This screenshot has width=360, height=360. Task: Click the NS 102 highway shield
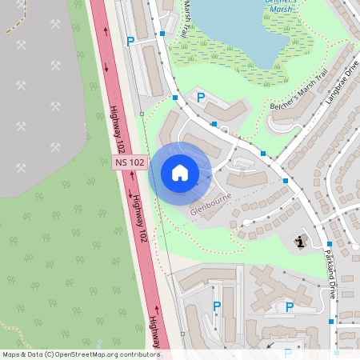pos(130,162)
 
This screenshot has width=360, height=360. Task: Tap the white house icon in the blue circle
pos(179,173)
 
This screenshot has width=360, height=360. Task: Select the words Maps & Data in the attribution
pos(22,354)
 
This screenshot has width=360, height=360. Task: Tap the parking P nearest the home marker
pos(201,97)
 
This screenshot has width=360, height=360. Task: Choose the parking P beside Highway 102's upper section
pos(130,41)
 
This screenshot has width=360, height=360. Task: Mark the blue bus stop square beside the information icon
pos(329,243)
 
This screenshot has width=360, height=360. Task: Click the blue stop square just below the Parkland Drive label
pos(332,322)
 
